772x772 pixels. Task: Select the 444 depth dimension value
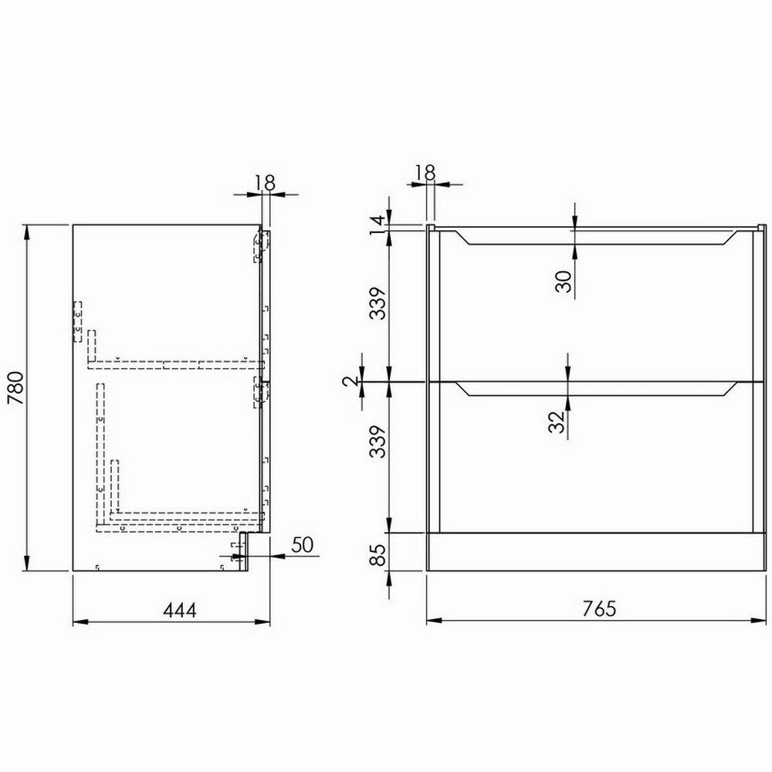click(x=178, y=610)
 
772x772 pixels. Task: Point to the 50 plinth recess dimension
click(x=301, y=544)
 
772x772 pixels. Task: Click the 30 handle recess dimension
click(x=564, y=281)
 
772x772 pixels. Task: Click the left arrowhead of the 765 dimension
click(x=431, y=620)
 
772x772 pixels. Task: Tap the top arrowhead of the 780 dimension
click(x=29, y=229)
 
